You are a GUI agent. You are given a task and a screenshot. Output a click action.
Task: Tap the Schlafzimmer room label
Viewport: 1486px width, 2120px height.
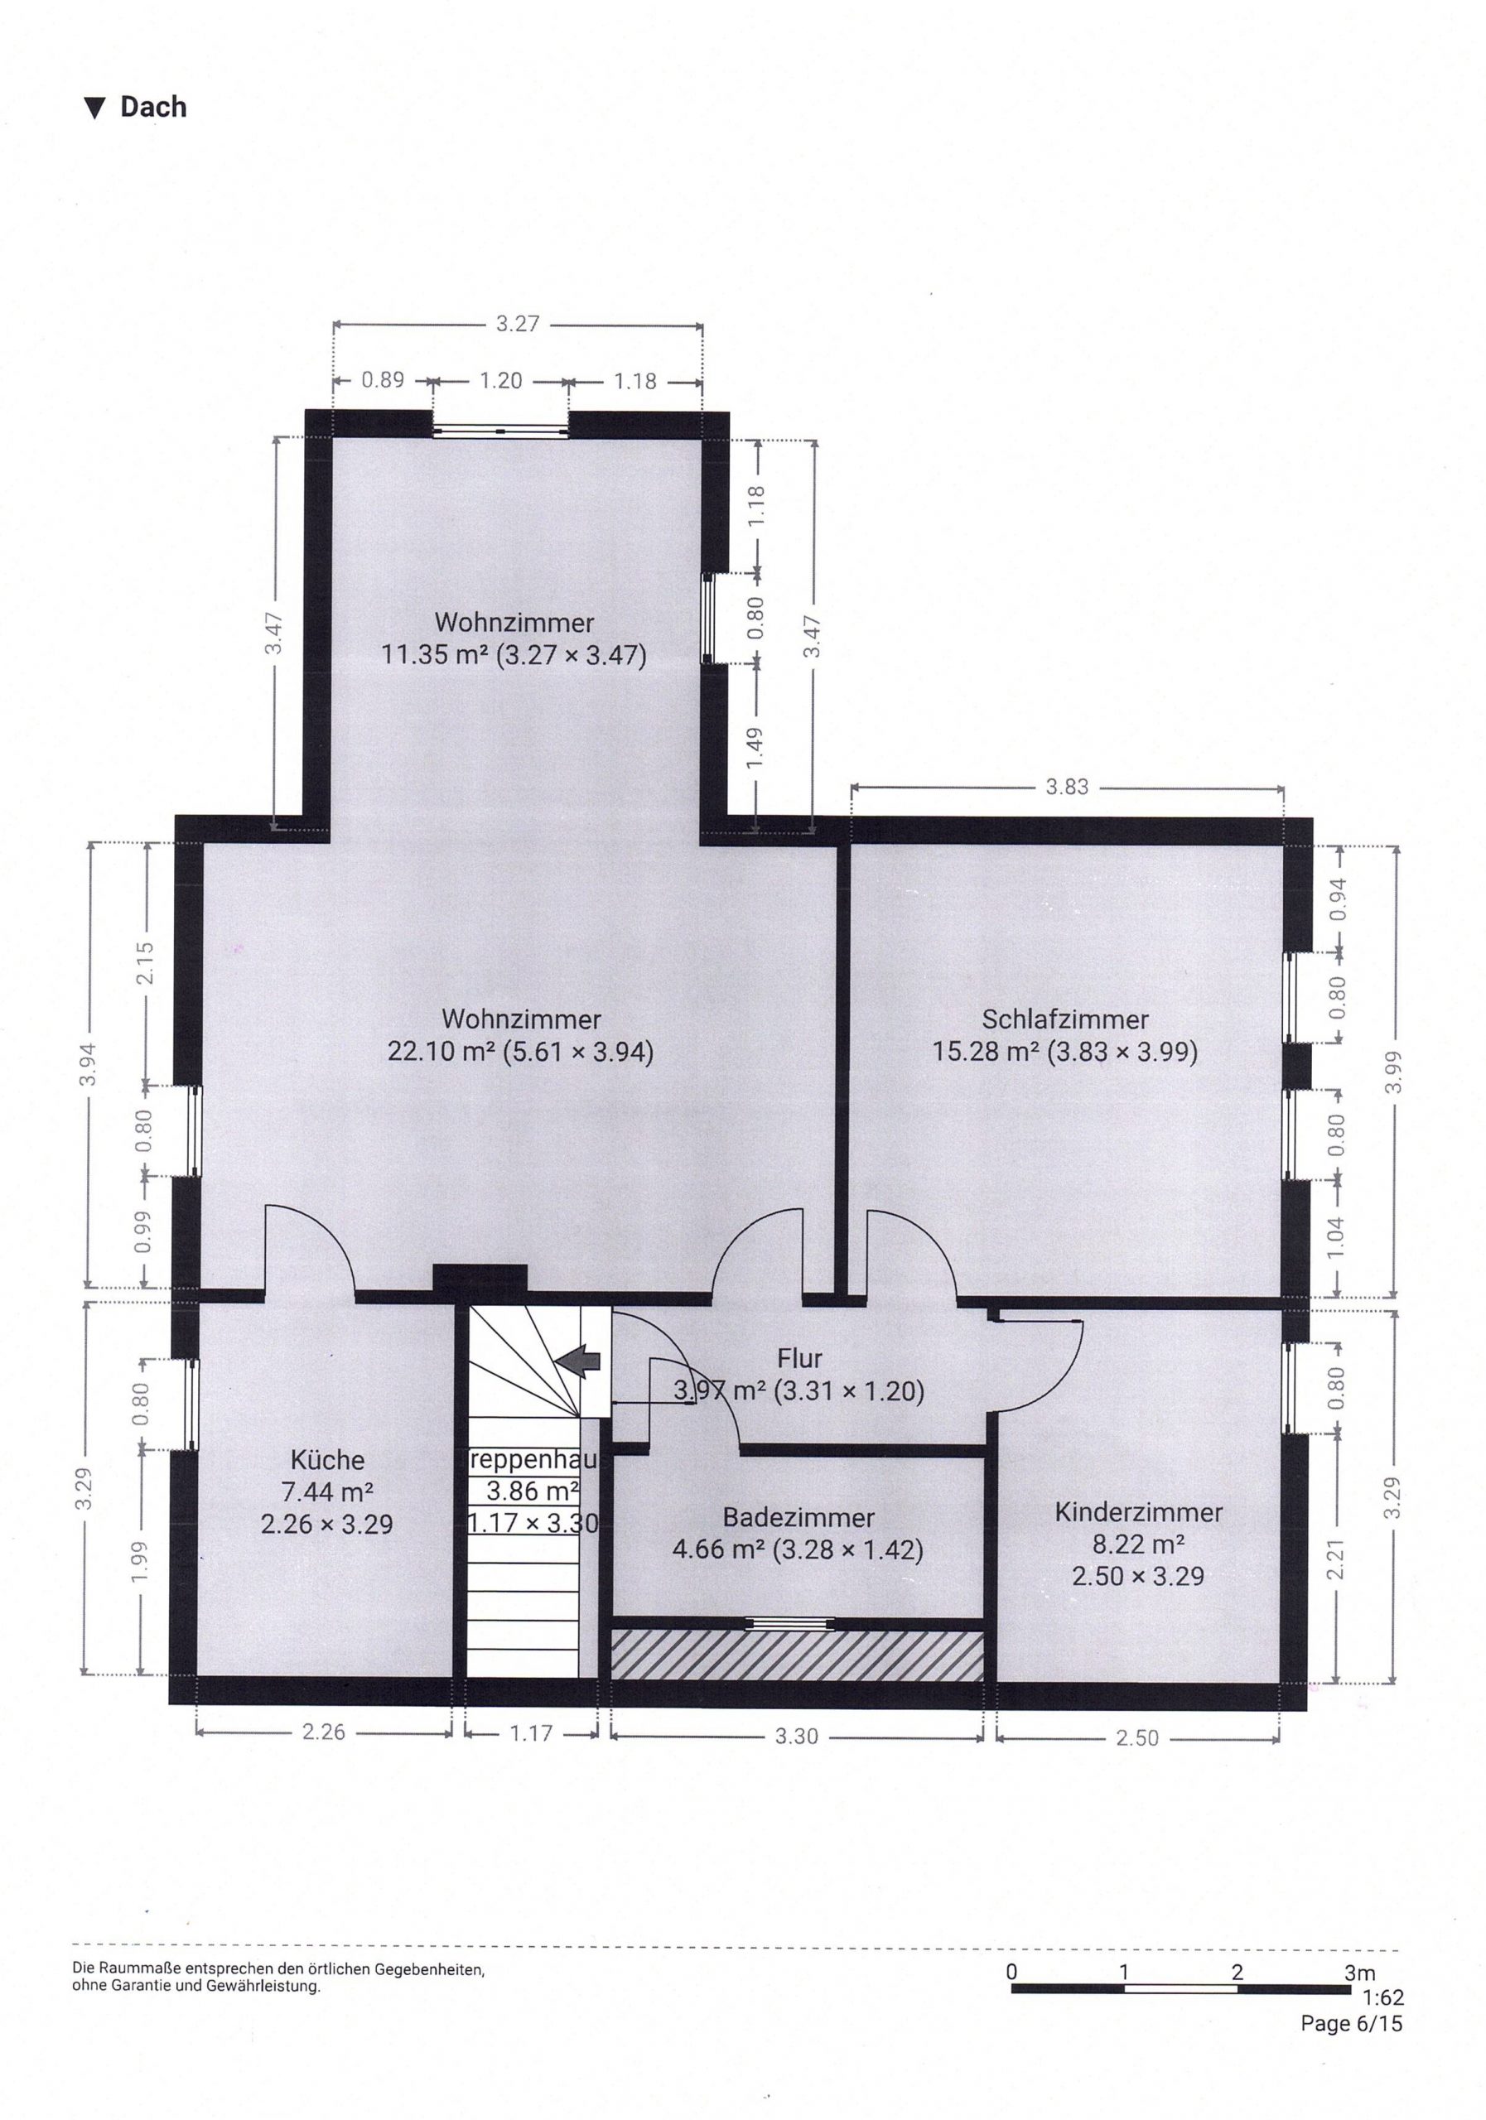point(1065,1019)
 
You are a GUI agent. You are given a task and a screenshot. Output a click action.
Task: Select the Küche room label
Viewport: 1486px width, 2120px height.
point(327,1460)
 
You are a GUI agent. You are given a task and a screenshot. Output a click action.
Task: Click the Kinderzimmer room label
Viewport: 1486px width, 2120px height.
point(1138,1512)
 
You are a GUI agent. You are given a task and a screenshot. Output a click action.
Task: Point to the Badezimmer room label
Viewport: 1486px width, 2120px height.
point(798,1517)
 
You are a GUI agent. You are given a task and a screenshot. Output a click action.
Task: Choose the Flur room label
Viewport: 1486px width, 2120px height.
point(798,1358)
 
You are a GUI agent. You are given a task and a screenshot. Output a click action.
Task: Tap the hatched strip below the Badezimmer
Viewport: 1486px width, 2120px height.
point(797,1655)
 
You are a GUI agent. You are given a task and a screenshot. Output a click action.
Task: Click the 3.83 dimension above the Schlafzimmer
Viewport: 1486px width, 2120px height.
point(1067,787)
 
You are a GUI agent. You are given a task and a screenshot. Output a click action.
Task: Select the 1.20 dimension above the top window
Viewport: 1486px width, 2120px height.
point(500,380)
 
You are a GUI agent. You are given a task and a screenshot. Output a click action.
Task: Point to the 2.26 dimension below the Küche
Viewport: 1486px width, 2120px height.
point(323,1732)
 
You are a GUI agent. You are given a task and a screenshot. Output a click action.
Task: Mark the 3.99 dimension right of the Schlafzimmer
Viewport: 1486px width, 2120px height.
point(1392,1072)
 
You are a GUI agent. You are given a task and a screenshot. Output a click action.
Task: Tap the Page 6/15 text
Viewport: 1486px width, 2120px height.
point(1351,2023)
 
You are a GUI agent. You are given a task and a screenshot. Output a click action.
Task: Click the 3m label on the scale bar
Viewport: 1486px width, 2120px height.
point(1359,1973)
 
